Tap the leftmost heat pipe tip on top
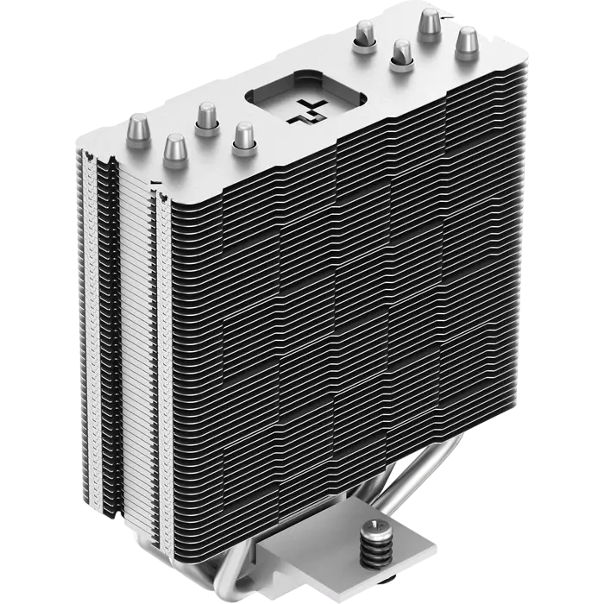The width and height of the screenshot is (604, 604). [x=138, y=126]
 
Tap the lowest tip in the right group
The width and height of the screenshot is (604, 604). [x=400, y=51]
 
